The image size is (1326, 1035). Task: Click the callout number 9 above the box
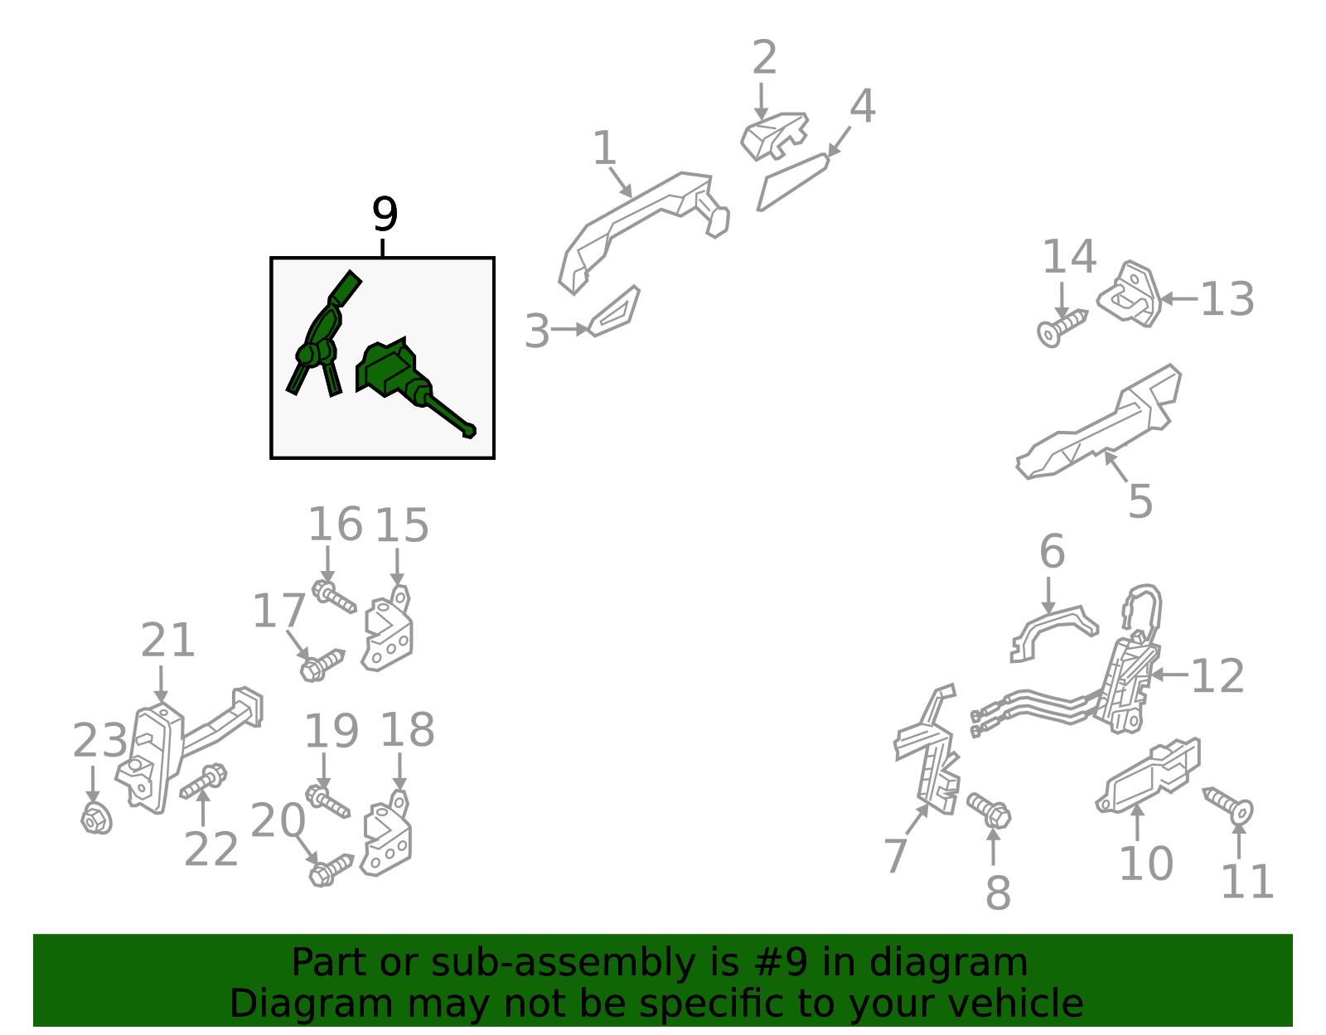pos(385,214)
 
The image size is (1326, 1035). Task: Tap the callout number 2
pos(764,57)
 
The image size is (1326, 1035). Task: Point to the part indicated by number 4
pos(792,183)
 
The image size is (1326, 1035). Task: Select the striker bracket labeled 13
pos(1130,294)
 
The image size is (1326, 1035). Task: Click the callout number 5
pos(1140,501)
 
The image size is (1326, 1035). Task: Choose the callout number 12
pos(1217,675)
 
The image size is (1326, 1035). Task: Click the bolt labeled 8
pos(990,810)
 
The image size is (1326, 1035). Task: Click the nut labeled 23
pos(96,819)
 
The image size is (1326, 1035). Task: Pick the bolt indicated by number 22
pos(203,782)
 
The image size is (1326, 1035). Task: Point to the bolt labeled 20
pos(331,871)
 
